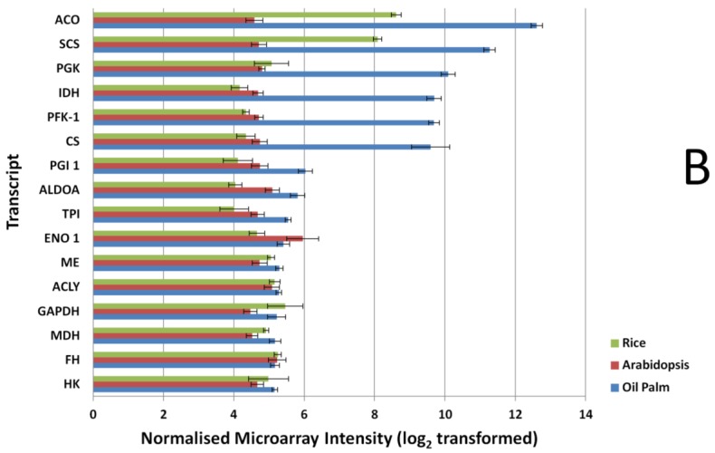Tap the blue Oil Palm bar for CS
click(262, 147)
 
